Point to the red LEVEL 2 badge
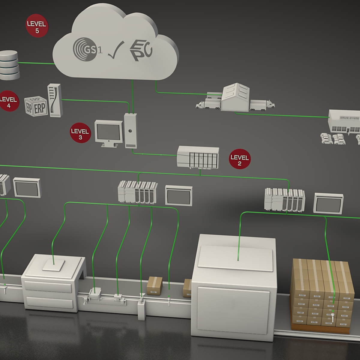coord(239,159)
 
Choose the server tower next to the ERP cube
coord(55,100)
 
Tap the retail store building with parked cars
coord(343,123)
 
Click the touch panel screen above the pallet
coord(328,203)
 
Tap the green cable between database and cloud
coord(36,63)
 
